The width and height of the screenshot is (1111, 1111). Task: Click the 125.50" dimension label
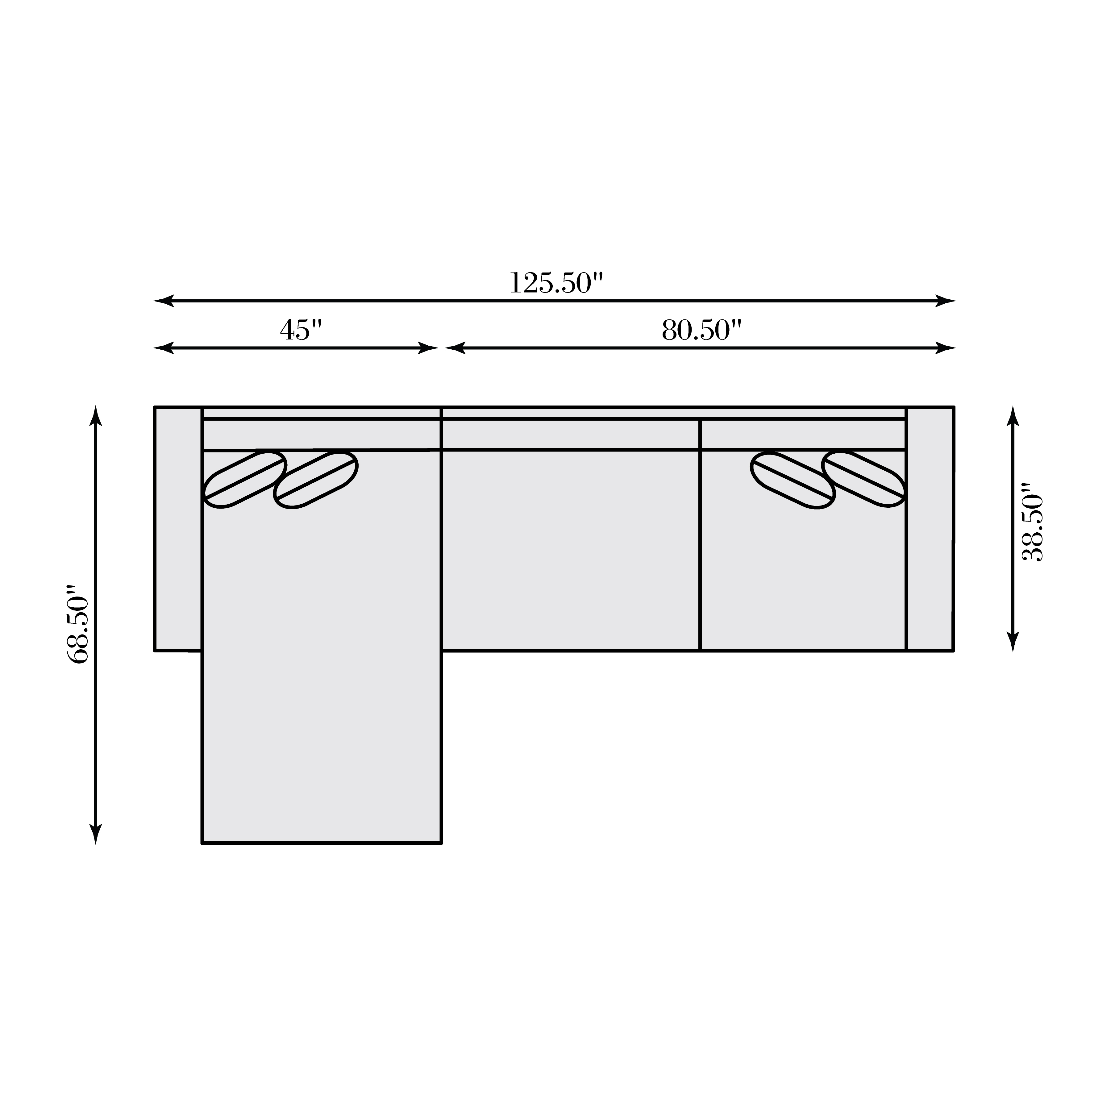(557, 283)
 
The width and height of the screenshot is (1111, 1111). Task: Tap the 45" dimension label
(301, 330)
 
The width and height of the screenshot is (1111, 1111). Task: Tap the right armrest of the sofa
(930, 528)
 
